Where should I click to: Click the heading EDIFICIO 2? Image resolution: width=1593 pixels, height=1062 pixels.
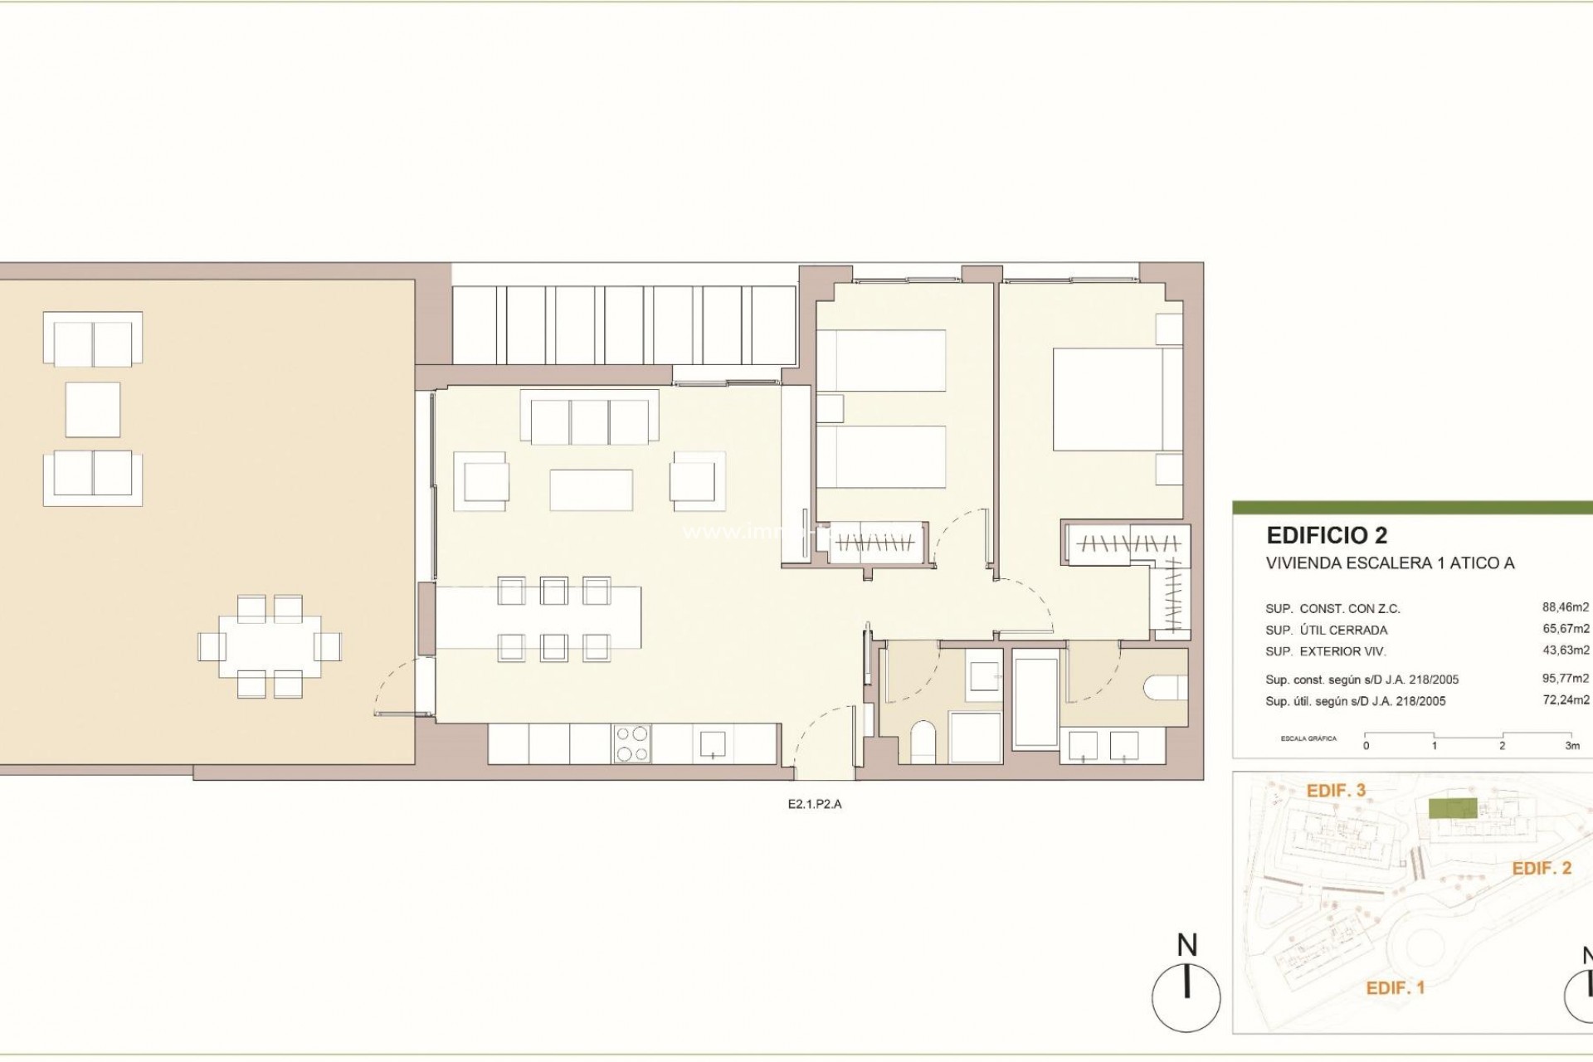[1327, 535]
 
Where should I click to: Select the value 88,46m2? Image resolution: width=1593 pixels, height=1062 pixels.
[1566, 607]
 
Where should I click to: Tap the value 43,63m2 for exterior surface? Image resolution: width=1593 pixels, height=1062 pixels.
[1566, 650]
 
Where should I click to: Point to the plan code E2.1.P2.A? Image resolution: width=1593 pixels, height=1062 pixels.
[815, 803]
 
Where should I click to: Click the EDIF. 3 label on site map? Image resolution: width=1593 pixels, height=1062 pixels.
[1336, 791]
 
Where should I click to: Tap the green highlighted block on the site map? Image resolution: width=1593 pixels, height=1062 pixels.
[1452, 808]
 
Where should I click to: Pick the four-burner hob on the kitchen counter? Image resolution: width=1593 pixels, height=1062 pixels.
[632, 743]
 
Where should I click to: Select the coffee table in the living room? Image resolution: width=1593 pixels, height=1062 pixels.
[591, 490]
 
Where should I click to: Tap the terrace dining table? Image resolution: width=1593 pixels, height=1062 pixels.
[270, 646]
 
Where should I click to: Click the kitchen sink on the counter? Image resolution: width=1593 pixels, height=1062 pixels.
[714, 744]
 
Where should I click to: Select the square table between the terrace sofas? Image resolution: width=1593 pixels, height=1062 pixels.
[93, 410]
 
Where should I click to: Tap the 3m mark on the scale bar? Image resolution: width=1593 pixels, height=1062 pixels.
[1571, 745]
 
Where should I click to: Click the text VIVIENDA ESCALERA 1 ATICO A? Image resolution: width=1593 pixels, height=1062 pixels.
[1390, 563]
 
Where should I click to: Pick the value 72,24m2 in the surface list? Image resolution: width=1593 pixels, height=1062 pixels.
[1566, 699]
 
